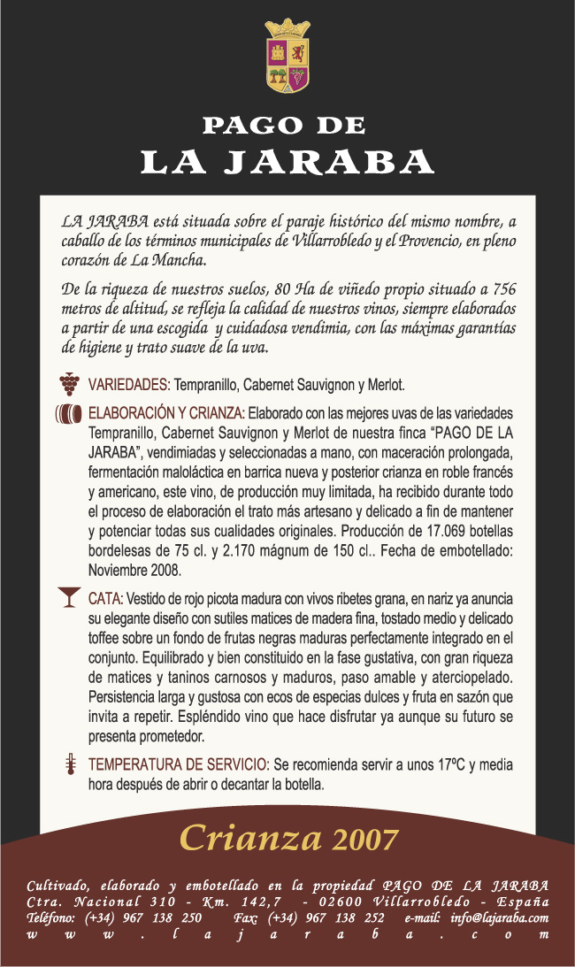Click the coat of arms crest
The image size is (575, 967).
click(287, 56)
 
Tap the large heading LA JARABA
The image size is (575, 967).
click(287, 163)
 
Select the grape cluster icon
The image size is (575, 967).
click(69, 383)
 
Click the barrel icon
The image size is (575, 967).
click(69, 414)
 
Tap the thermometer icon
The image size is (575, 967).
click(67, 765)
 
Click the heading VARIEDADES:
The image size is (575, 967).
click(129, 385)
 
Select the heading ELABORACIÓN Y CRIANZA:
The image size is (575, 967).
click(167, 412)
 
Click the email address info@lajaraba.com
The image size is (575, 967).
click(499, 917)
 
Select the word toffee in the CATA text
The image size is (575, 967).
click(107, 636)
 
